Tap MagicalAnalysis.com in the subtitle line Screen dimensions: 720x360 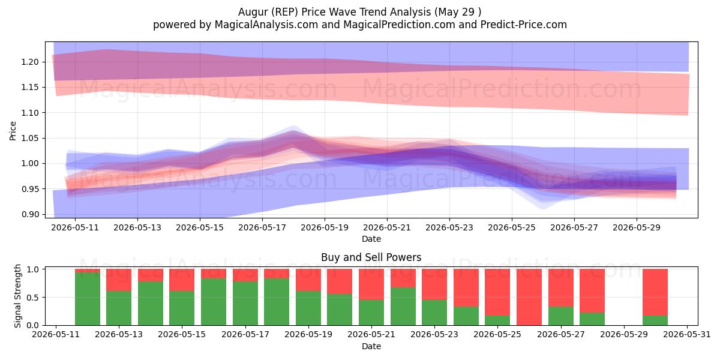point(266,25)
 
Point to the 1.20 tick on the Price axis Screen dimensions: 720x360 point(30,62)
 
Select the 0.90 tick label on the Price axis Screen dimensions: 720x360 point(30,214)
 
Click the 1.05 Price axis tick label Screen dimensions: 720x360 point(30,138)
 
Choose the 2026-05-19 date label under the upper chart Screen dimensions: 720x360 point(325,227)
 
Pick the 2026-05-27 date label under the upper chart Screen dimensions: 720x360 point(574,227)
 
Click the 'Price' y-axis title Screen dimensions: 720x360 point(13,131)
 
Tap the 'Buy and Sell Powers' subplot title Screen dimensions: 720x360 point(371,257)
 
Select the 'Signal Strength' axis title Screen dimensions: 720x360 point(17,296)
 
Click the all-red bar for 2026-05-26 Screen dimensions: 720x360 point(529,297)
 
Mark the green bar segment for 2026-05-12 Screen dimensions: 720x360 point(88,299)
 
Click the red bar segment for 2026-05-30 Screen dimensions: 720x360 point(655,292)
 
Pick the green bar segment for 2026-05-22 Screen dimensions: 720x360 point(403,307)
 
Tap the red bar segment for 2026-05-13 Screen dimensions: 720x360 point(119,280)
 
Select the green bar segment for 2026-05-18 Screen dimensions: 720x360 point(277,302)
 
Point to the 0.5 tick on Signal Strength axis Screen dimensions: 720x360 point(35,298)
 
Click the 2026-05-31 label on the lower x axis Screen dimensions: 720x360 point(687,335)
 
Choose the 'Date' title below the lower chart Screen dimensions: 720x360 point(371,346)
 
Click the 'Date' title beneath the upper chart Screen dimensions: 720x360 point(371,239)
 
